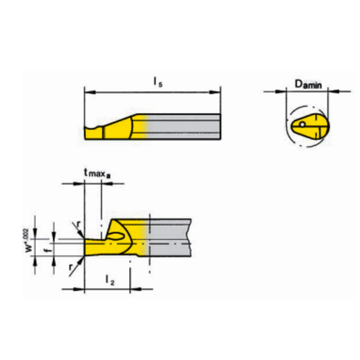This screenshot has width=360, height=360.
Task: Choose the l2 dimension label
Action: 109,280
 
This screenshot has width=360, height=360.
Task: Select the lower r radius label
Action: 71,266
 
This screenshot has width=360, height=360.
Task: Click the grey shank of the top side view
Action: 184,125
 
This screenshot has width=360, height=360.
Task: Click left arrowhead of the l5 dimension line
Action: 87,93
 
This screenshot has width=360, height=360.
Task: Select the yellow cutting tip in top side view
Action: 92,130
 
